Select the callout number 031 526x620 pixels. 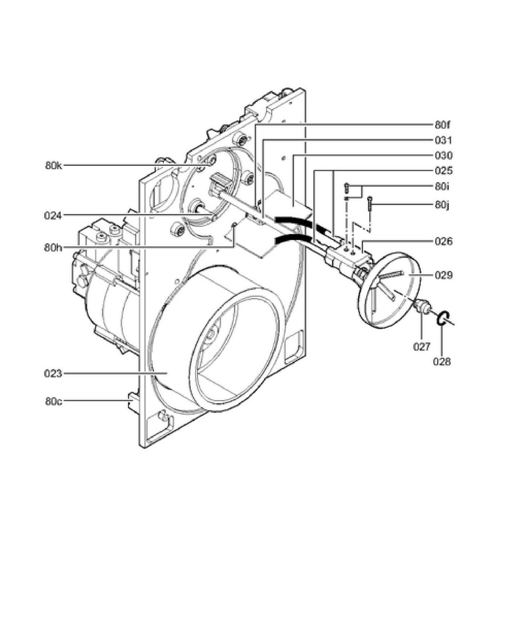(444, 140)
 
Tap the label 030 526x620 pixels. (444, 156)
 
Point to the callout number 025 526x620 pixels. (444, 171)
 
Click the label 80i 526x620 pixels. (442, 186)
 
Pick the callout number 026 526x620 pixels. (444, 242)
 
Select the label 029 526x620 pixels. (444, 275)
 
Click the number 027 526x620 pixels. (422, 347)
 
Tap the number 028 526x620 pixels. (442, 361)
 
